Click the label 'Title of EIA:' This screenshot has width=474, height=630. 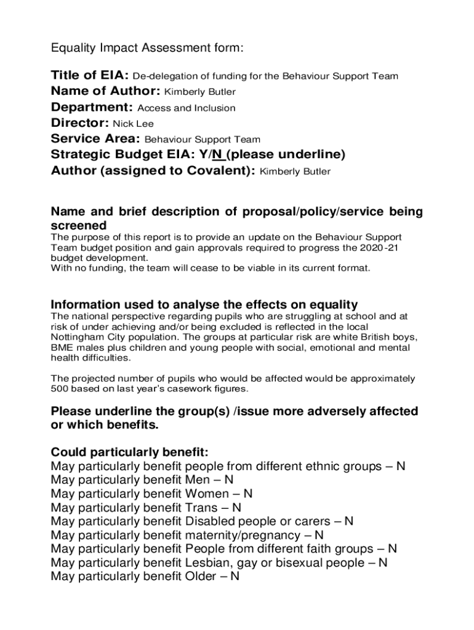[90, 76]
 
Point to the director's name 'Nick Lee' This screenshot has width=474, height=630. [133, 124]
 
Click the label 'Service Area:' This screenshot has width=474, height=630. [95, 139]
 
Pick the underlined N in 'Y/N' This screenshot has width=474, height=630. [217, 154]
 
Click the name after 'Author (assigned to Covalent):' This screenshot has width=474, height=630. [295, 172]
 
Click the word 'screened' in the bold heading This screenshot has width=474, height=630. [79, 225]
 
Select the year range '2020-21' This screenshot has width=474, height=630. [384, 247]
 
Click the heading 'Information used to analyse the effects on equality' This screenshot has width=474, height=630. [204, 305]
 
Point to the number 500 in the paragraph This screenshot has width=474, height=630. [60, 389]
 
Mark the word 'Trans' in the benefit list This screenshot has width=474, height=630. [201, 508]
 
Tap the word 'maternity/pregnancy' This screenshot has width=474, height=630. [244, 535]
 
